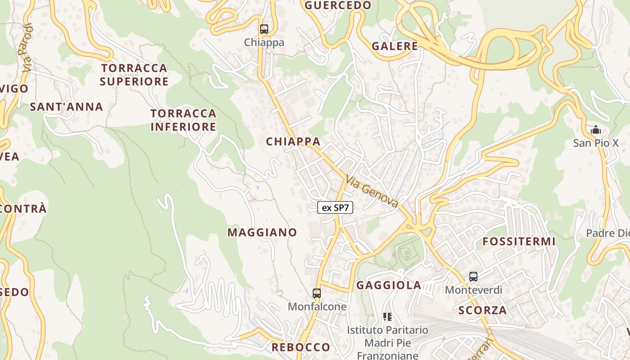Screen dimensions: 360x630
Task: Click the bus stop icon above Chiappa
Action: click(264, 29)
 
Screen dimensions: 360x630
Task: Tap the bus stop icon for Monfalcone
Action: click(317, 293)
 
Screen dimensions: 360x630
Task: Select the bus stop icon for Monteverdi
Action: click(473, 277)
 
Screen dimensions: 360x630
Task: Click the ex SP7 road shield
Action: click(335, 207)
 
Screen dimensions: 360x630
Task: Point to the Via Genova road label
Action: click(372, 191)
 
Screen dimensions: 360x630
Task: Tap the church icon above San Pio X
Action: click(596, 130)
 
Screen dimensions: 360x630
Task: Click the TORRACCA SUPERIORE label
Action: click(134, 75)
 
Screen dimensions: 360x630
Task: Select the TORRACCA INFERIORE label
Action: click(183, 120)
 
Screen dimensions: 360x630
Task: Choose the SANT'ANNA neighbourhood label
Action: click(67, 107)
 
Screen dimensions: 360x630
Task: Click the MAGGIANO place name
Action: click(262, 233)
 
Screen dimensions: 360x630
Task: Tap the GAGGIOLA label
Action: click(389, 285)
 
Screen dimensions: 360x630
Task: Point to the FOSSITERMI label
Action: click(519, 242)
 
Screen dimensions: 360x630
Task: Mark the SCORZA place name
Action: click(482, 310)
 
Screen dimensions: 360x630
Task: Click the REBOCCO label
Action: click(301, 347)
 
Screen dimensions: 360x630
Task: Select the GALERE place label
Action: click(395, 46)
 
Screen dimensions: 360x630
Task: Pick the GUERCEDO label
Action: click(338, 5)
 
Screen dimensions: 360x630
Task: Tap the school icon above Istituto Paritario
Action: click(387, 317)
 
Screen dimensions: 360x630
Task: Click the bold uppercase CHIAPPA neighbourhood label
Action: click(293, 142)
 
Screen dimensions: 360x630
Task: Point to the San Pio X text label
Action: click(596, 143)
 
